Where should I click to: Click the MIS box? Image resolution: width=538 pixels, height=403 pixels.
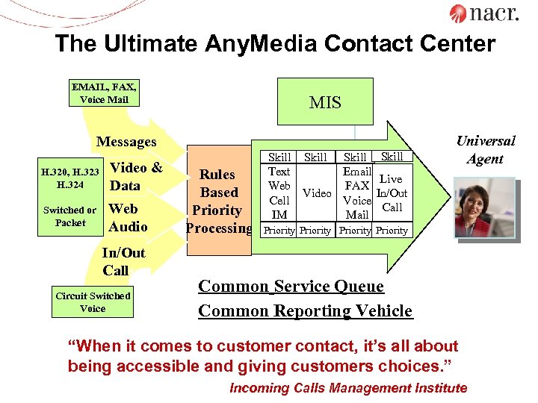tap(325, 101)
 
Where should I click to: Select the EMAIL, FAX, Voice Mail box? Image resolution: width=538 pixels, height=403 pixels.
tap(104, 93)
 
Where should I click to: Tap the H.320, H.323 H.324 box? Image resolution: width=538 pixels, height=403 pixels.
tap(70, 179)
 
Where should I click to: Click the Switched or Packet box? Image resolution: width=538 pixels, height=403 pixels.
tap(70, 216)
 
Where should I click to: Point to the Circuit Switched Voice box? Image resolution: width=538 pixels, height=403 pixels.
tap(93, 302)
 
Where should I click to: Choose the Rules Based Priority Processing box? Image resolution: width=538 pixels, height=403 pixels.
tap(217, 201)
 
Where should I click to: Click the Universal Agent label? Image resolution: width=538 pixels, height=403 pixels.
tap(485, 149)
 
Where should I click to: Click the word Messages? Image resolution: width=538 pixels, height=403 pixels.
tap(126, 142)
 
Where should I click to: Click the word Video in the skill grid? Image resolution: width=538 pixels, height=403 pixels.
tap(317, 193)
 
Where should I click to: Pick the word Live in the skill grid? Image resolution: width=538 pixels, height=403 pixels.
tap(390, 179)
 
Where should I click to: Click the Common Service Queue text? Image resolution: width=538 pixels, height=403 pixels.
tap(291, 287)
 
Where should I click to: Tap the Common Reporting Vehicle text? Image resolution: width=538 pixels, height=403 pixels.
tap(305, 310)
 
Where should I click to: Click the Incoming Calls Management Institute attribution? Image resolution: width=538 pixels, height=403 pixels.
tap(348, 388)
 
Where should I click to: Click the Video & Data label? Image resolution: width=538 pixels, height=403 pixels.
tap(136, 176)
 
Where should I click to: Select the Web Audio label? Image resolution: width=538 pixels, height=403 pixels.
tap(128, 217)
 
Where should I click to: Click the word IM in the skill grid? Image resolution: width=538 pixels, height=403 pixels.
tap(279, 215)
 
